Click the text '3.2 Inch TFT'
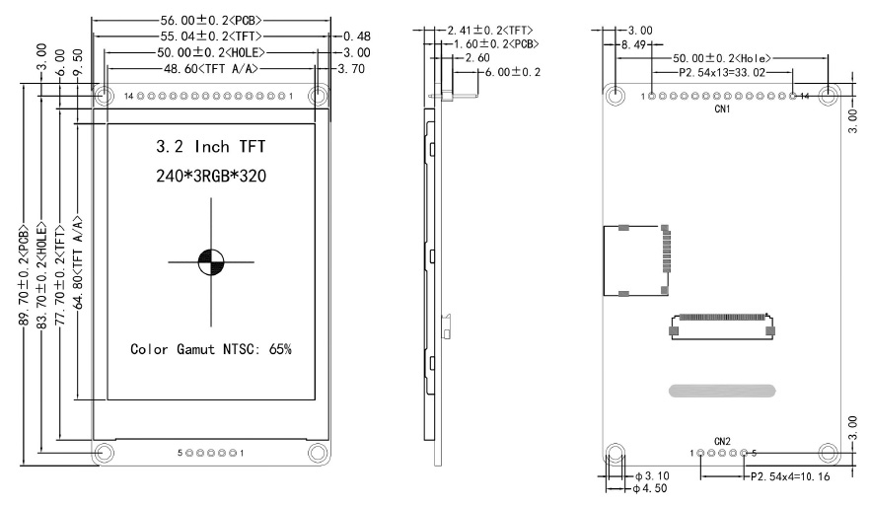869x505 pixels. click(211, 148)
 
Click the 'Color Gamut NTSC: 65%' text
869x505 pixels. click(211, 349)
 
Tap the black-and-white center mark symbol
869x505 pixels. click(211, 261)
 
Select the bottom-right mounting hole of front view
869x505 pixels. click(318, 453)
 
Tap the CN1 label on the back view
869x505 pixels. click(722, 110)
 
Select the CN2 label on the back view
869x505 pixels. click(722, 441)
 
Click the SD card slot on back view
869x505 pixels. click(636, 260)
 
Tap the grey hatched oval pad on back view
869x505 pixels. click(721, 392)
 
